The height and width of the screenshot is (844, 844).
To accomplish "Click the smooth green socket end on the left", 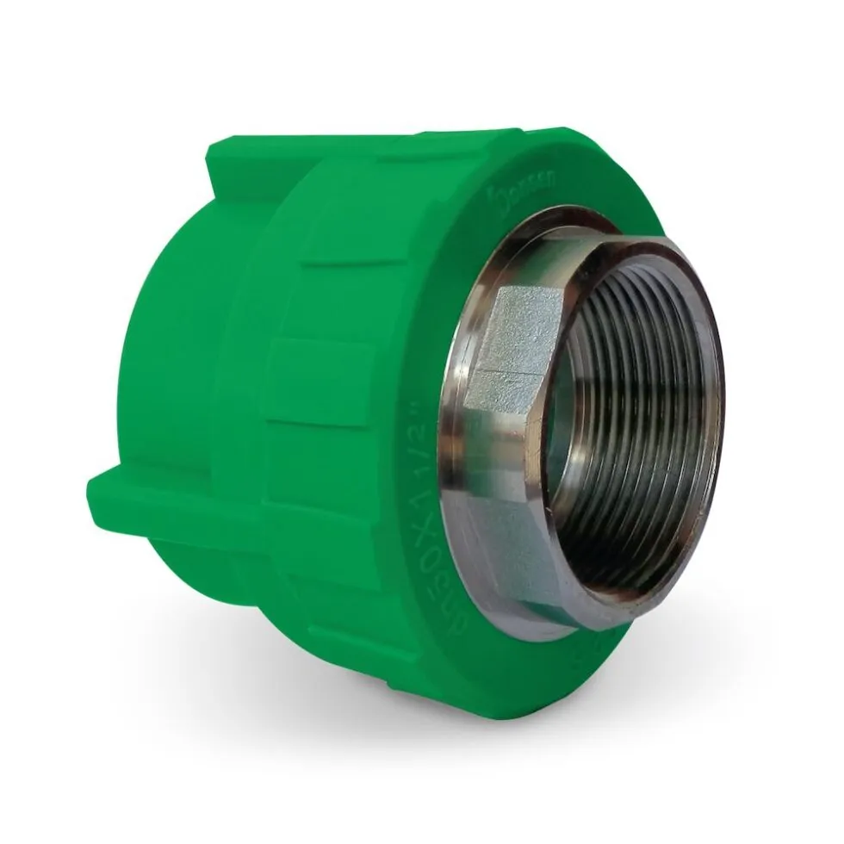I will click(x=164, y=344).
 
